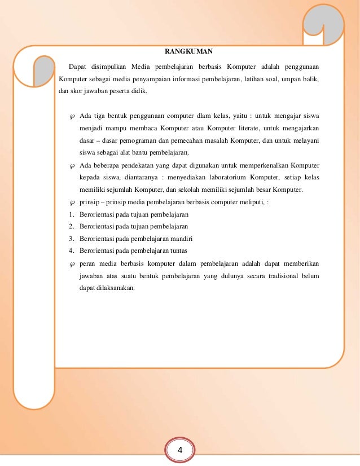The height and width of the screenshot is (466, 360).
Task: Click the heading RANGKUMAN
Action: pyautogui.click(x=185, y=51)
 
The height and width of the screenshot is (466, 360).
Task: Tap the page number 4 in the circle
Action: pyautogui.click(x=180, y=450)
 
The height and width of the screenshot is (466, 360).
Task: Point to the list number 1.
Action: pyautogui.click(x=71, y=214)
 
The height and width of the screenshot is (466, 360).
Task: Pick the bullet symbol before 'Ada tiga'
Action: pyautogui.click(x=72, y=117)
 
